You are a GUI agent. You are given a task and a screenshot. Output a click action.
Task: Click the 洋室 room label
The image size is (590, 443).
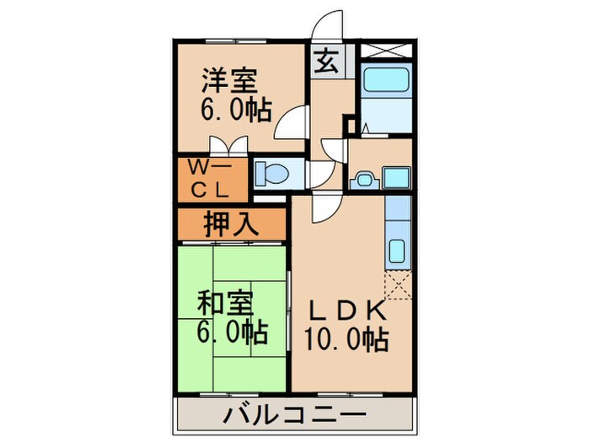point(229,83)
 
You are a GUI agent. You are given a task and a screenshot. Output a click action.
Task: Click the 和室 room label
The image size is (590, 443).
point(224,301)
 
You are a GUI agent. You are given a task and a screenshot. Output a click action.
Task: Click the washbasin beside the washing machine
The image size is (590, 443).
point(364,179)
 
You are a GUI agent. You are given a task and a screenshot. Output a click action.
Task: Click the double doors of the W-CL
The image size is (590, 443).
point(228,146)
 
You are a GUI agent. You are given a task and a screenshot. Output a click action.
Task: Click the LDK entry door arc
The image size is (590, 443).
point(325,207)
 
